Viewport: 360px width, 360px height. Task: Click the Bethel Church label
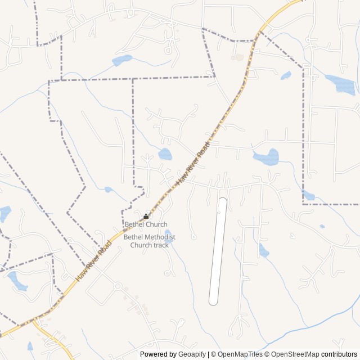(x=146, y=224)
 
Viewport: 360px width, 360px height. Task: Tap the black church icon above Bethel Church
(x=146, y=217)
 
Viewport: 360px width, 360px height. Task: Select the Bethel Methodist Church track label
(x=149, y=241)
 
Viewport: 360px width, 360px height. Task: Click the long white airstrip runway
(x=218, y=251)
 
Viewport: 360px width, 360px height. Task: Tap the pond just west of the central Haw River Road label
(x=165, y=154)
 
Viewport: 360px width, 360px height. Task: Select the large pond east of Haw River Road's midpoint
(x=268, y=157)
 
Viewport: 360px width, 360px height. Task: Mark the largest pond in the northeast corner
(x=342, y=84)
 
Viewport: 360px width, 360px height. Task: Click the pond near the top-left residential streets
(x=122, y=60)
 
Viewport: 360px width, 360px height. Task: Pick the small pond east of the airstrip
(x=263, y=251)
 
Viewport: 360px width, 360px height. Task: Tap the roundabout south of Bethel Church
(x=118, y=286)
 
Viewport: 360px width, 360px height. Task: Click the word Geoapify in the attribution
(x=192, y=354)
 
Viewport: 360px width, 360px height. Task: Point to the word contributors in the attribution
(x=339, y=354)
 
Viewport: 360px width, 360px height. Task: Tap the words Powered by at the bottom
(x=158, y=354)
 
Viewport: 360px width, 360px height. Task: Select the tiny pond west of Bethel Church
(x=108, y=190)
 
